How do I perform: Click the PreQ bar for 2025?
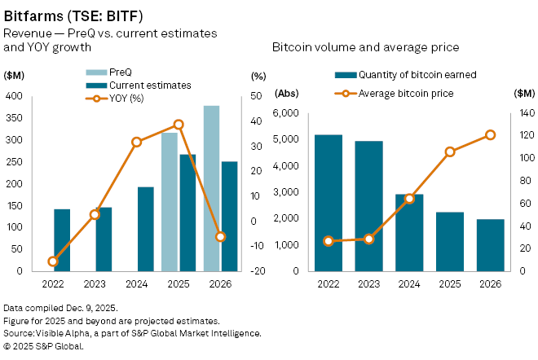pos(170,201)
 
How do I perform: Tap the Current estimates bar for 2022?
pos(62,240)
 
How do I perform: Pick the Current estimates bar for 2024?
pos(146,229)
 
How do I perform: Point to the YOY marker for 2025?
pos(179,125)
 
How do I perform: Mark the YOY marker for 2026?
pos(220,236)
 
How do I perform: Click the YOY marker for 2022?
pos(53,261)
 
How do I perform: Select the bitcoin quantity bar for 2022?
pos(328,203)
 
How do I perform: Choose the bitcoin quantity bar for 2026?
pos(491,245)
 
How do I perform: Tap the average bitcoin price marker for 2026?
pos(491,135)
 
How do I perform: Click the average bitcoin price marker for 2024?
pos(409,199)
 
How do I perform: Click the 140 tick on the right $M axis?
pos(522,114)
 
